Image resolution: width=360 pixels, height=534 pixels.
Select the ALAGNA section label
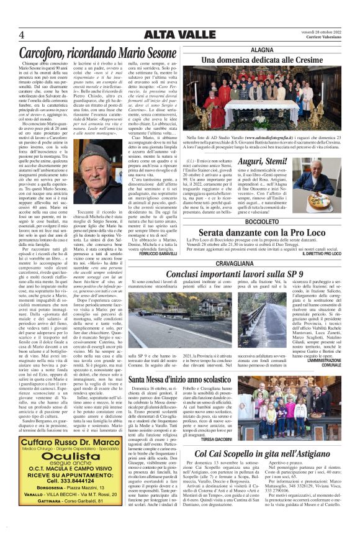(261, 49)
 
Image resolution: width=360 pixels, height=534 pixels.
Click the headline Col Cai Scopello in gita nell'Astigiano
(261, 456)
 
